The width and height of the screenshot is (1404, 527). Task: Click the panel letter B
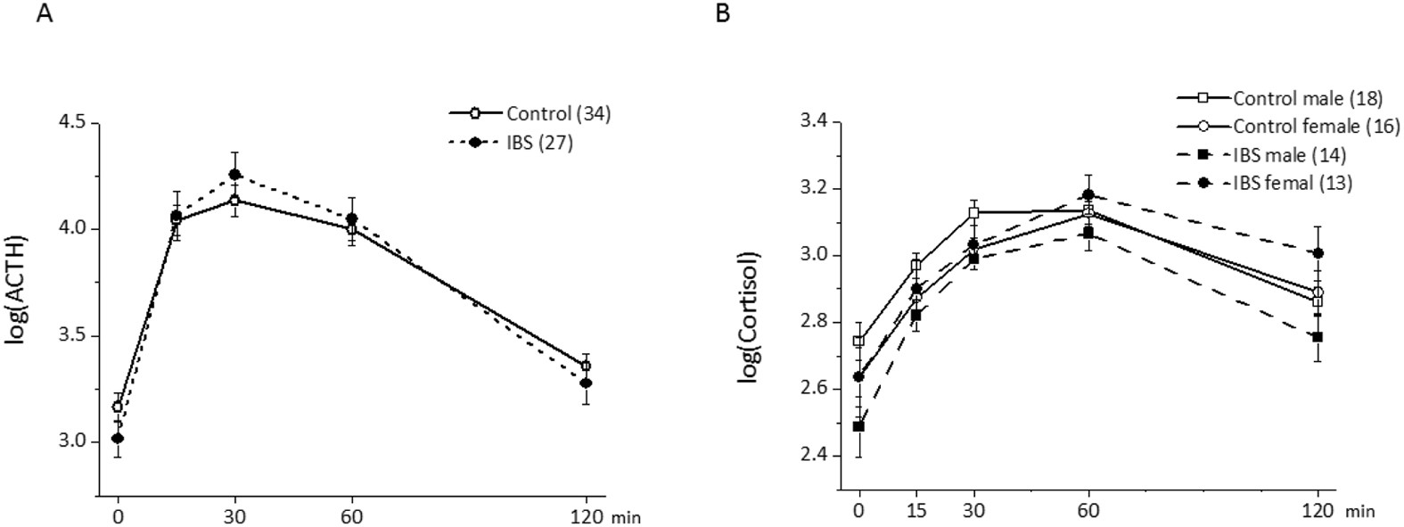click(722, 13)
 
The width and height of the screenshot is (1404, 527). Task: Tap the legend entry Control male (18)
click(1293, 98)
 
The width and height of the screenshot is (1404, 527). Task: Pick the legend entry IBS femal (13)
click(1293, 183)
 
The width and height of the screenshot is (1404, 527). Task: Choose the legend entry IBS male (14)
click(1289, 155)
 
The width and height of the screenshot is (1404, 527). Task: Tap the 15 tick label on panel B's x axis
click(916, 511)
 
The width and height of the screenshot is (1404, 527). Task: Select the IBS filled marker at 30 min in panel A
click(234, 174)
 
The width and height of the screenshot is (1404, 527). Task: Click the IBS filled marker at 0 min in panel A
click(118, 438)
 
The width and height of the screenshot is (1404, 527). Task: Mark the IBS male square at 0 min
click(859, 426)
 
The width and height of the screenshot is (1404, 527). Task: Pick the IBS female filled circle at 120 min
click(1318, 253)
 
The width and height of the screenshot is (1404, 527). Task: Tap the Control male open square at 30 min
click(974, 212)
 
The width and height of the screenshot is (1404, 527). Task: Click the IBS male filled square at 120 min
click(1318, 336)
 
